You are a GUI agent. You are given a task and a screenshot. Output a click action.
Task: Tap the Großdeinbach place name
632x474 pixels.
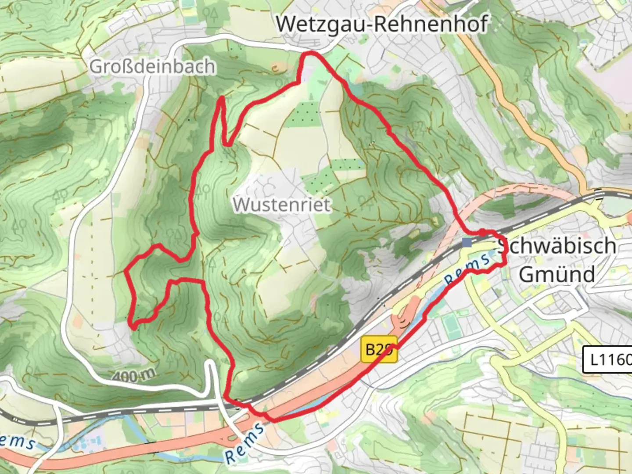[152, 67]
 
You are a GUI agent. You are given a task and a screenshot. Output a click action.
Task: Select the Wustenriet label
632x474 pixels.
[281, 205]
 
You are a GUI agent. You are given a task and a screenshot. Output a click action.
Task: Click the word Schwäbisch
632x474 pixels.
[557, 246]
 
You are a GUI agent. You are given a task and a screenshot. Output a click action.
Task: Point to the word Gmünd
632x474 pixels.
[557, 275]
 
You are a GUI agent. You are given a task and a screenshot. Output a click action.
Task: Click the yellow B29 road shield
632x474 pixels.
[379, 350]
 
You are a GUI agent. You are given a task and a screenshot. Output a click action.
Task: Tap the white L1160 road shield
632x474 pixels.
[608, 360]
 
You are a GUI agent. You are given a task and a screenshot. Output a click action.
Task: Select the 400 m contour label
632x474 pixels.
[134, 376]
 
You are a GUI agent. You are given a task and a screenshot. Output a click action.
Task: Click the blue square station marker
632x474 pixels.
[467, 242]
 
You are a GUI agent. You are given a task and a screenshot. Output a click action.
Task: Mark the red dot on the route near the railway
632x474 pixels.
[482, 232]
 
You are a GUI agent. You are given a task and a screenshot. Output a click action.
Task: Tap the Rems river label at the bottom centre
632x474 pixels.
[245, 443]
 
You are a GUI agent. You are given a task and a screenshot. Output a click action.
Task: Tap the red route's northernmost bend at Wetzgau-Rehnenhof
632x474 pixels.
[311, 54]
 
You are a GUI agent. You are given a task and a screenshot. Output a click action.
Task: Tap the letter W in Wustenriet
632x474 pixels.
[241, 205]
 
